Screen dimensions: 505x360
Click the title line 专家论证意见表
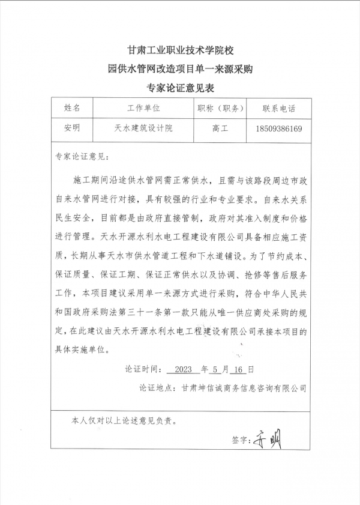coord(180,88)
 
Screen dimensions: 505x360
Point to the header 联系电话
coord(278,109)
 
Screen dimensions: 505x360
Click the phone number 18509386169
coord(278,129)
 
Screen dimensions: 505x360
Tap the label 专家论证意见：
coord(82,157)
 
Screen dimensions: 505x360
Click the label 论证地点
coord(158,388)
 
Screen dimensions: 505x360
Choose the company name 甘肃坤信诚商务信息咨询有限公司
coord(244,388)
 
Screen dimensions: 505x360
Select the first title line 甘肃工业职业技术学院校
coord(180,50)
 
